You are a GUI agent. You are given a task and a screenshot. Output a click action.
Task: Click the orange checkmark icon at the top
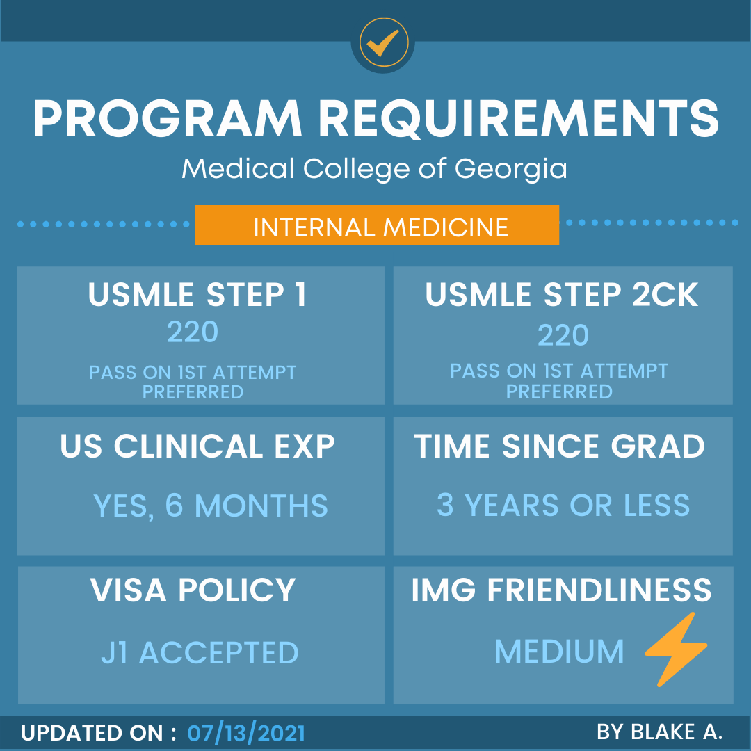(x=383, y=42)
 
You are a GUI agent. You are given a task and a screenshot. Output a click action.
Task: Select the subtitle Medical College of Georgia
(x=374, y=168)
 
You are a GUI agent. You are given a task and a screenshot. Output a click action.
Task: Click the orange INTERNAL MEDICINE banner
(x=377, y=226)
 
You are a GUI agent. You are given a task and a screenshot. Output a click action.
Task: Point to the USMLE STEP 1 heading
(x=197, y=295)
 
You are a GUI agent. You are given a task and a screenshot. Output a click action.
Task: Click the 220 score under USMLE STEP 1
(x=193, y=332)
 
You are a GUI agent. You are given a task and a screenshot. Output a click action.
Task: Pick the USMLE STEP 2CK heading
(x=562, y=295)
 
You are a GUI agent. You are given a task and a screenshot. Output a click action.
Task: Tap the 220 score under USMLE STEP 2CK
(x=563, y=335)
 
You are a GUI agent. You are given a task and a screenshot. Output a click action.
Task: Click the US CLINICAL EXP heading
(x=197, y=446)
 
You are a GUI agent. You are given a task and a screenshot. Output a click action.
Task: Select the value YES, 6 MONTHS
(x=210, y=506)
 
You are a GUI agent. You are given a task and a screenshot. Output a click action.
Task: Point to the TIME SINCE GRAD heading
(x=560, y=446)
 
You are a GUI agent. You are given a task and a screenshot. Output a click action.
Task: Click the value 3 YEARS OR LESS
(x=563, y=506)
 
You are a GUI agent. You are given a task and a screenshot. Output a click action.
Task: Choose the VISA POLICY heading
(x=193, y=590)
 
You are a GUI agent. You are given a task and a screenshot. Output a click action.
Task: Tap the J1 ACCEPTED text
(x=200, y=653)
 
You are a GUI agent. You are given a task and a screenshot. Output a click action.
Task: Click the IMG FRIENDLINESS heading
(x=562, y=590)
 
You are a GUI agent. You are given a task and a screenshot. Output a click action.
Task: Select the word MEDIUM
(x=559, y=652)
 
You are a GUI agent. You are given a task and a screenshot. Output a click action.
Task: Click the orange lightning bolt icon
(x=675, y=649)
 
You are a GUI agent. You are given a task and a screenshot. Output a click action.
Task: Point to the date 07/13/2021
(x=246, y=734)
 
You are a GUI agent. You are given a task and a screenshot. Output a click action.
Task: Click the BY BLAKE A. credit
(x=659, y=732)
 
